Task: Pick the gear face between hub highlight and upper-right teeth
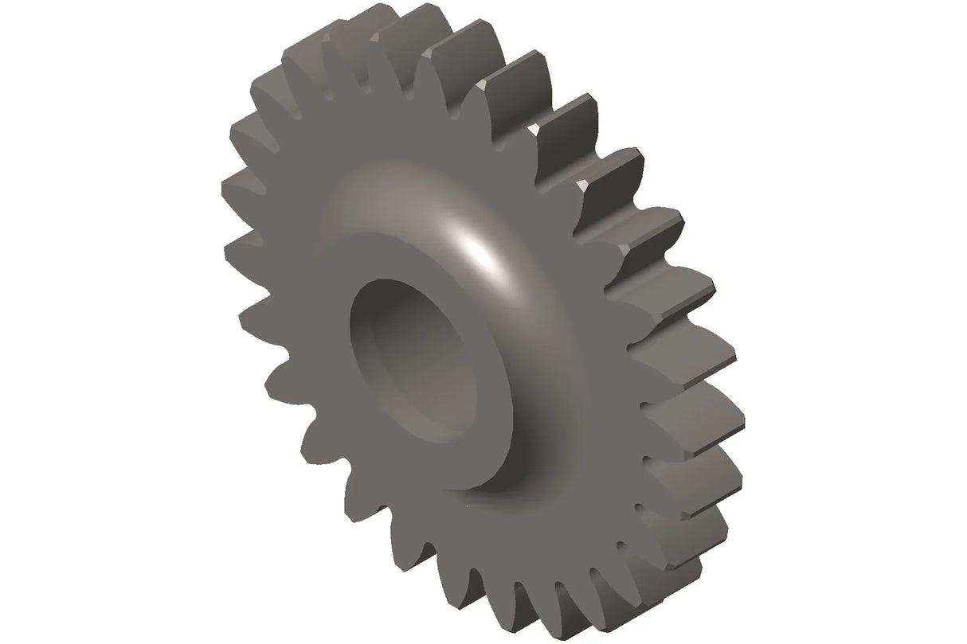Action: point(550,239)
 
